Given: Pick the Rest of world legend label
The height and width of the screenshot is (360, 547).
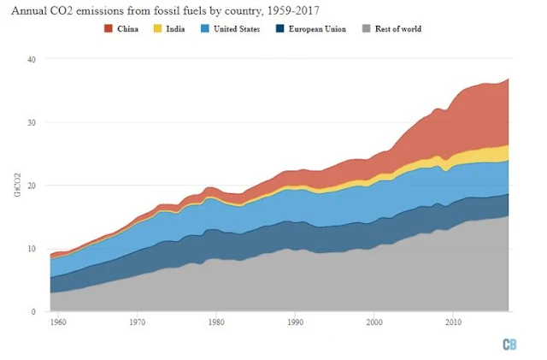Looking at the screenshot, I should point(392,29).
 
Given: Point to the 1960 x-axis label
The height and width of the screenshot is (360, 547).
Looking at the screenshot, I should point(58,324).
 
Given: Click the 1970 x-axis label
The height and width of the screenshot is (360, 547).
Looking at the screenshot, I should point(137,324).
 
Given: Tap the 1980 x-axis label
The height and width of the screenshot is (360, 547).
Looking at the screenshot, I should point(215,324).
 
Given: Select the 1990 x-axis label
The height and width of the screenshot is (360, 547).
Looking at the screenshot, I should point(295,324).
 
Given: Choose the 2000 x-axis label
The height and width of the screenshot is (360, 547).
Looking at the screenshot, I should point(373,324).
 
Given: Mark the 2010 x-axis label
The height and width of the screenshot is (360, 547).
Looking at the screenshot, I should point(452,324).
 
